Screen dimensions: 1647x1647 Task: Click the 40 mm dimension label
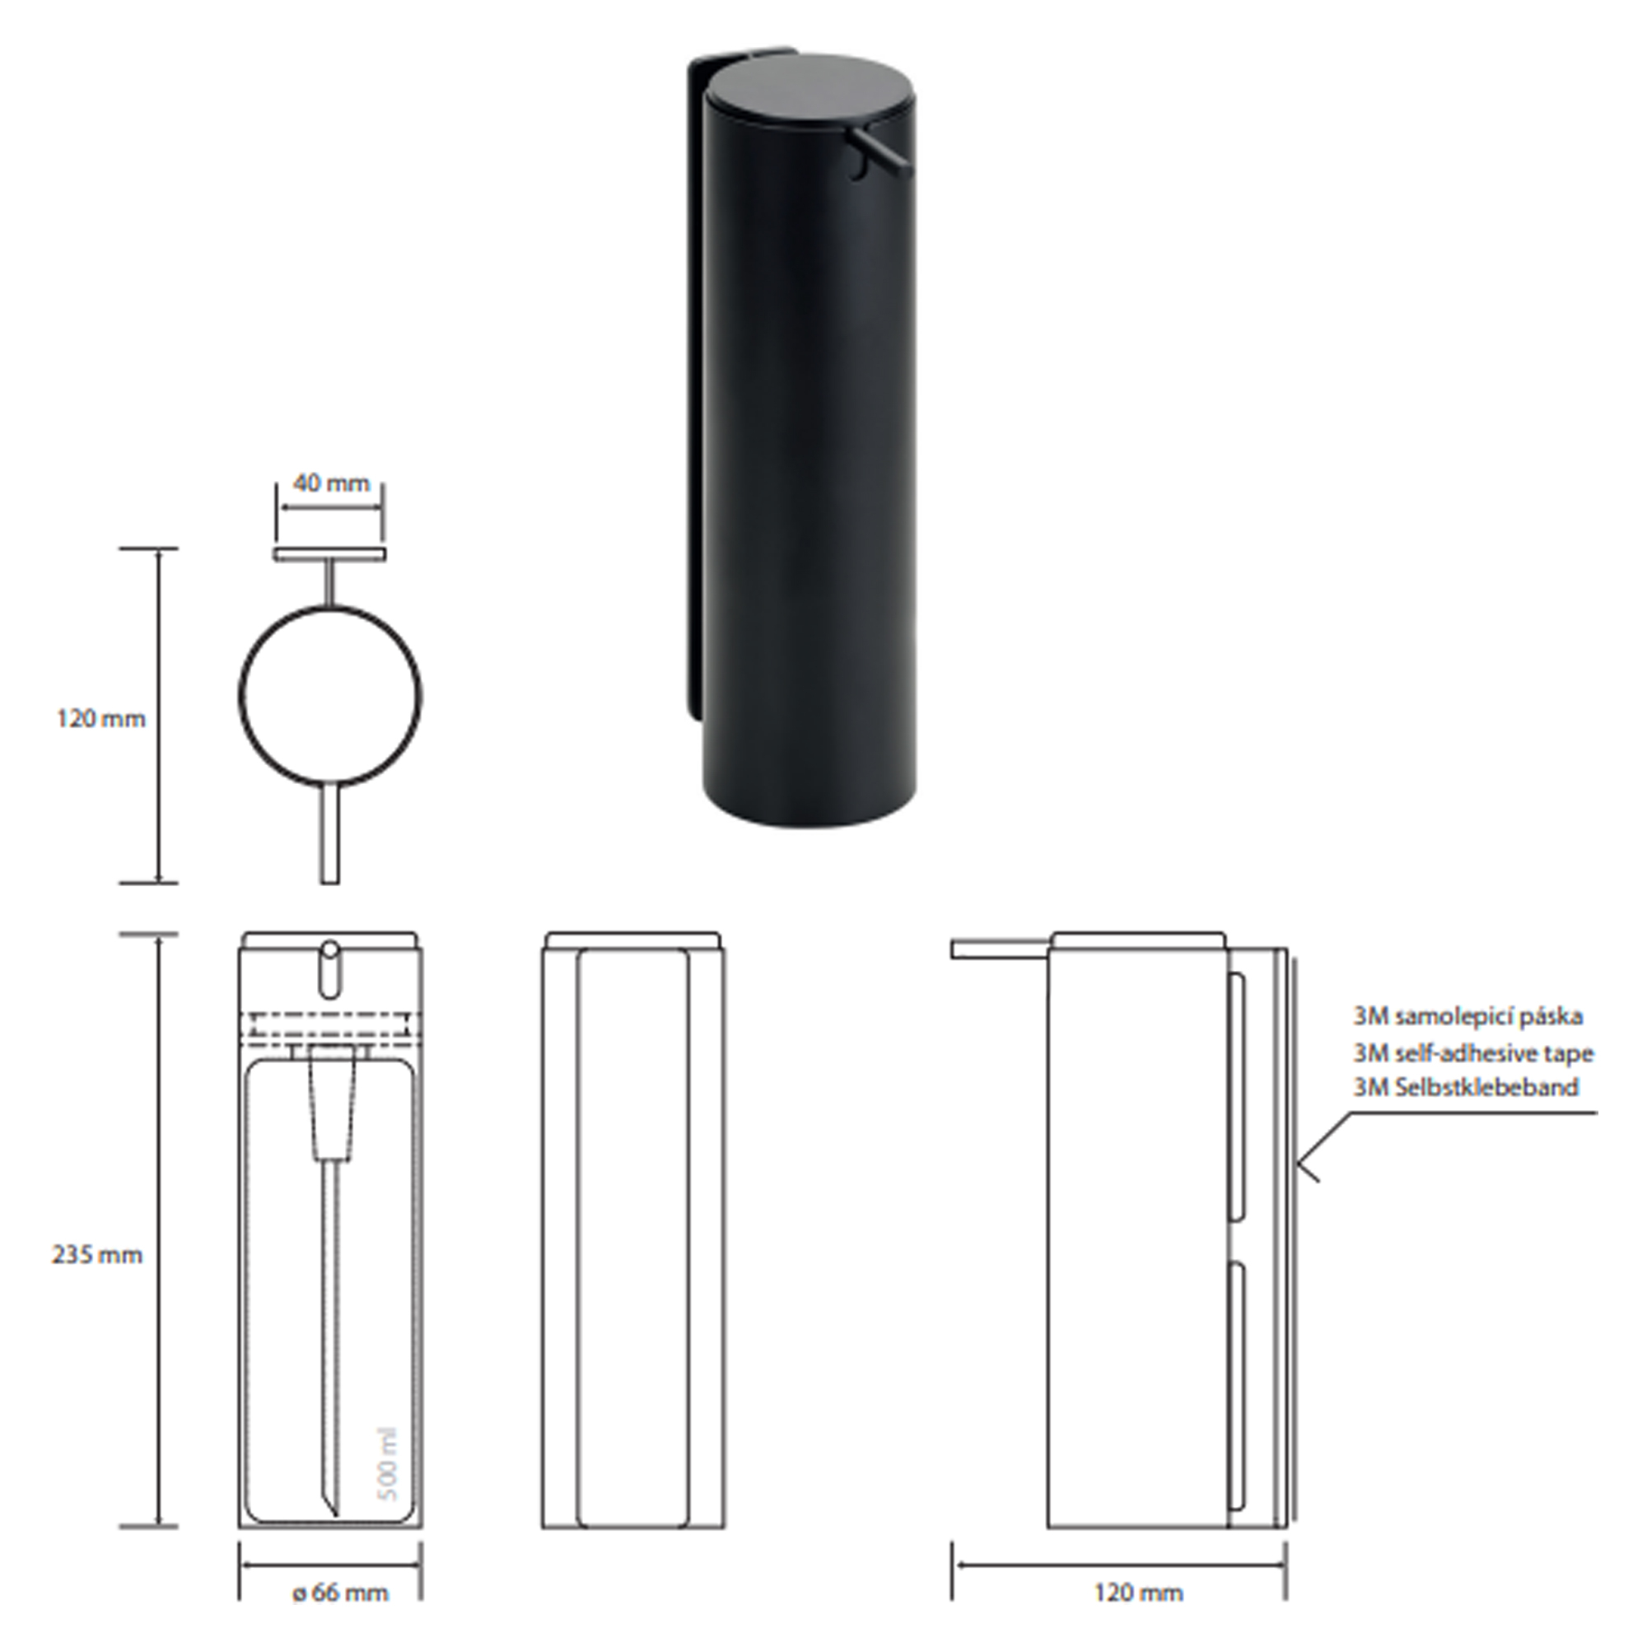click(x=332, y=483)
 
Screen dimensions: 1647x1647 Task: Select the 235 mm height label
click(x=97, y=1255)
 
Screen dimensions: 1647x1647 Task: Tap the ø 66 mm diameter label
click(x=340, y=1593)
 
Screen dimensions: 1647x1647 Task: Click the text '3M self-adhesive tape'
click(x=1473, y=1054)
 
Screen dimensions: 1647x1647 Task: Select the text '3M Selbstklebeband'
click(x=1466, y=1087)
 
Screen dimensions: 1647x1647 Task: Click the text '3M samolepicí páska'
click(x=1468, y=1016)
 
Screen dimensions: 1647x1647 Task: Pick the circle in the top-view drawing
click(x=329, y=607)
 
